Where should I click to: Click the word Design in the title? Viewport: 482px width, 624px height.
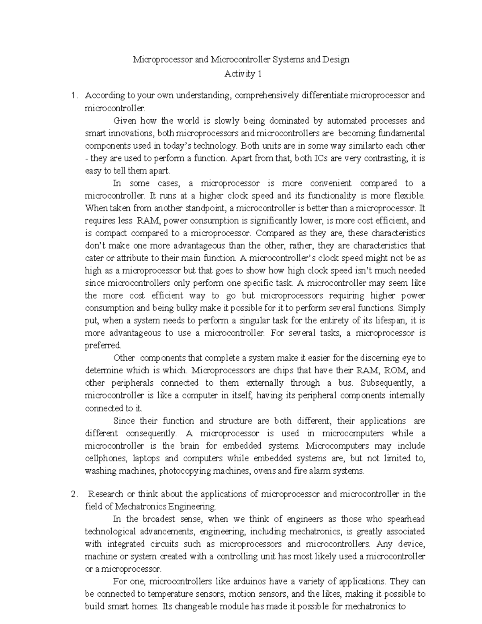tap(334, 60)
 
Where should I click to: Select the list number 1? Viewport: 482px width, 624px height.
tap(73, 96)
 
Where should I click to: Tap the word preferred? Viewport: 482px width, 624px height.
tap(102, 346)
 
